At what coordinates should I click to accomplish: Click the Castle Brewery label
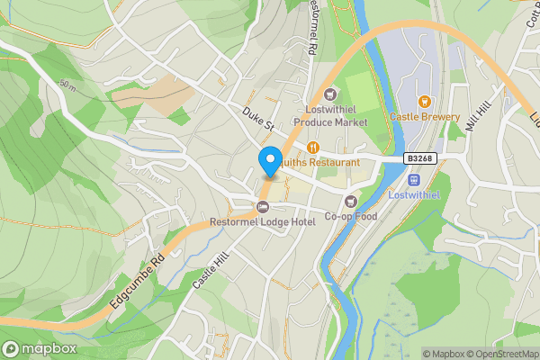tap(425, 117)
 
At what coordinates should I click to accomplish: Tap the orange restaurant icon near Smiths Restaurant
tap(313, 147)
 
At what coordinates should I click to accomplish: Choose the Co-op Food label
tap(349, 216)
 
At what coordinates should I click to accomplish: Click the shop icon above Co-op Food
tap(351, 201)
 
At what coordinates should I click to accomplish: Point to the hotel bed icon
tap(263, 207)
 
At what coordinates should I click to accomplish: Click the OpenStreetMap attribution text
tap(499, 354)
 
